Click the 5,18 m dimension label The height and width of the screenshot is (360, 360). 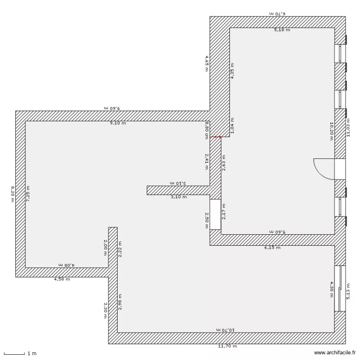pyautogui.click(x=282, y=30)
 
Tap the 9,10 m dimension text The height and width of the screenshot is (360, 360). pyautogui.click(x=118, y=123)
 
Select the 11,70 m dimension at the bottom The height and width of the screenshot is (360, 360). pyautogui.click(x=228, y=346)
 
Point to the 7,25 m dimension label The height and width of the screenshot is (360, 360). pyautogui.click(x=28, y=194)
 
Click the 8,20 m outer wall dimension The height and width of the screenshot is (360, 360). pyautogui.click(x=13, y=194)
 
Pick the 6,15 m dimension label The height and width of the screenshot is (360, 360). pyautogui.click(x=272, y=248)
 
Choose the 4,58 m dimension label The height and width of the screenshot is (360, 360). pyautogui.click(x=62, y=279)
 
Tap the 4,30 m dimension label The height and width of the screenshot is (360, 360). pyautogui.click(x=331, y=289)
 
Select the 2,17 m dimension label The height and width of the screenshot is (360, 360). pyautogui.click(x=224, y=210)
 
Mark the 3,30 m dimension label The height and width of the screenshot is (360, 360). pyautogui.click(x=106, y=307)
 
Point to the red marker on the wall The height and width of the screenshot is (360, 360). pyautogui.click(x=217, y=137)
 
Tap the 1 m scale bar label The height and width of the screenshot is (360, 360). pyautogui.click(x=32, y=354)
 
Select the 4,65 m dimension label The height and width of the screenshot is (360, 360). pyautogui.click(x=207, y=63)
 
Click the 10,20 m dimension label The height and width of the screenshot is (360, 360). pyautogui.click(x=331, y=131)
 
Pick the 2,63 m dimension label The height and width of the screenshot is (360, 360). pyautogui.click(x=224, y=163)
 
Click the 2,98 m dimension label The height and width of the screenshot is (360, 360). pyautogui.click(x=120, y=302)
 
